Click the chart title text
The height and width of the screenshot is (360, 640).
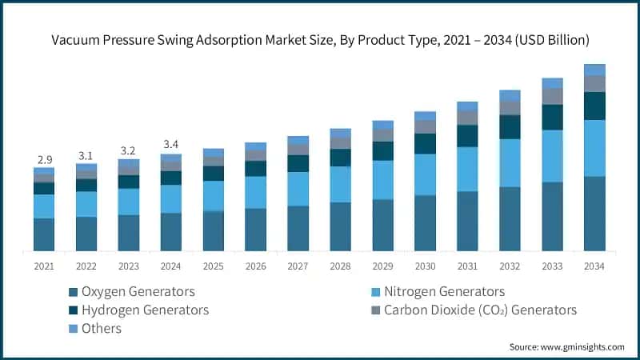(320, 38)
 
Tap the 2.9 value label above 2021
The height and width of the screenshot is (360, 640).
(44, 160)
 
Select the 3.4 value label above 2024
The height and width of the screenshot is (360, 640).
(170, 145)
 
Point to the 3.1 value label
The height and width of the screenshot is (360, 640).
(86, 155)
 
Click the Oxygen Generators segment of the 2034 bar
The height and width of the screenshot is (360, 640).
(594, 214)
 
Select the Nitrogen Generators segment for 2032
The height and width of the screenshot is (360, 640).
(510, 163)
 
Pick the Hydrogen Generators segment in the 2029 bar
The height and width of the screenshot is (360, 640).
(382, 151)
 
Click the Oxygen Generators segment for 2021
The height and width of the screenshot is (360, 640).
(44, 234)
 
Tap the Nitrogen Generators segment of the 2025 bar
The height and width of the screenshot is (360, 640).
(213, 196)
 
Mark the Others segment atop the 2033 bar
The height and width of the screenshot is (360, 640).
(552, 83)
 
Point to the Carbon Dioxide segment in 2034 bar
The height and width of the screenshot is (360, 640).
(594, 84)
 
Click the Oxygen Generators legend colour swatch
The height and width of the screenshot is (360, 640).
(74, 292)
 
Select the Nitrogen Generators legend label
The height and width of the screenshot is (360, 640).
(444, 291)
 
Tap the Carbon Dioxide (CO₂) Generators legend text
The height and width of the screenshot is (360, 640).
(480, 310)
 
